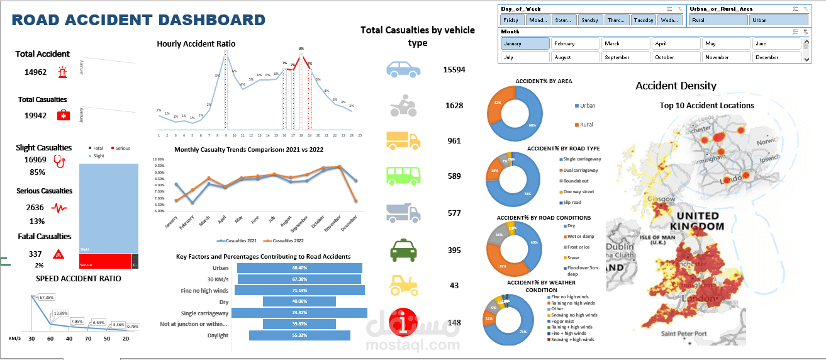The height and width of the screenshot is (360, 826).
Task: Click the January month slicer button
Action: [x=525, y=43]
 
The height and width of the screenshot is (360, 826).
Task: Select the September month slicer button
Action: [x=625, y=57]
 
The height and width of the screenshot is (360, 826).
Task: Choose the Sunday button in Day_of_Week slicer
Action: [x=589, y=20]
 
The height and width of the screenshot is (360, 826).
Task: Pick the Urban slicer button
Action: [x=778, y=20]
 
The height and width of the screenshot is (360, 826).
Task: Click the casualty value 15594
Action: [x=454, y=69]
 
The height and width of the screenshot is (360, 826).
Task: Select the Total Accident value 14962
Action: [x=36, y=72]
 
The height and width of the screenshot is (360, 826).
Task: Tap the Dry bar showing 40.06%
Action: [x=299, y=301]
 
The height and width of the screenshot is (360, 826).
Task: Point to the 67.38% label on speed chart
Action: [x=47, y=297]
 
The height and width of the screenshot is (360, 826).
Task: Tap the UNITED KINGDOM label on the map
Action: [x=694, y=221]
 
